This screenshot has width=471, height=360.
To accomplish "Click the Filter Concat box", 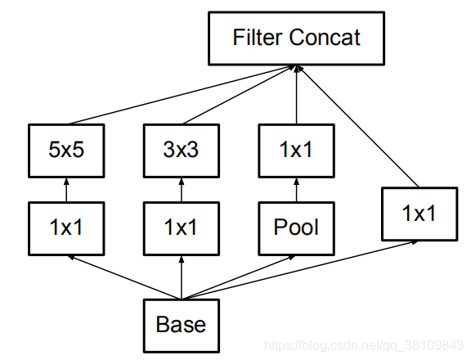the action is tap(297, 38).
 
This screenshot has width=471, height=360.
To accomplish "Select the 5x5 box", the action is tap(66, 151).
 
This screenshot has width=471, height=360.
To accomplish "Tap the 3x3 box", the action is tap(182, 151).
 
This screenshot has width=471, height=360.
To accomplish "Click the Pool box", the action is tap(297, 228).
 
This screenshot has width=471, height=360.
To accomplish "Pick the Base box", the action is tap(182, 326).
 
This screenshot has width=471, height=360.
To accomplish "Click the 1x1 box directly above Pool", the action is tap(297, 151).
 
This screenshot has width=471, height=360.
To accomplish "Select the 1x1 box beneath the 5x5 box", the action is tap(66, 228).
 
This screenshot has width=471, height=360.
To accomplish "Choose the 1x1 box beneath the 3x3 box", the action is tap(182, 228).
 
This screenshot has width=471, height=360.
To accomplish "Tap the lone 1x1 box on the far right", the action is tap(419, 214).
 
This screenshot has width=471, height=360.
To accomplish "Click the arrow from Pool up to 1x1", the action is tap(297, 190).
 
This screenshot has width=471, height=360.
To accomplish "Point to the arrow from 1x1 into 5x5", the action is tap(66, 190).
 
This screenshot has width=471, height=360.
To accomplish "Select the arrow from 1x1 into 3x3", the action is tap(182, 190).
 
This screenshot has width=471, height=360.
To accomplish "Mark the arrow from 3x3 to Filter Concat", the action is tap(239, 95).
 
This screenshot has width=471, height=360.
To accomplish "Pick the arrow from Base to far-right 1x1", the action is tap(300, 270).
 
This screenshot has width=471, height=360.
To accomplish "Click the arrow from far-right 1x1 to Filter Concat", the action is tap(358, 126).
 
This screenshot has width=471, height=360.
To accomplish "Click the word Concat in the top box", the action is tap(325, 38).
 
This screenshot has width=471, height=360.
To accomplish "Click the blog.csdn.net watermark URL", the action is tap(364, 345).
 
